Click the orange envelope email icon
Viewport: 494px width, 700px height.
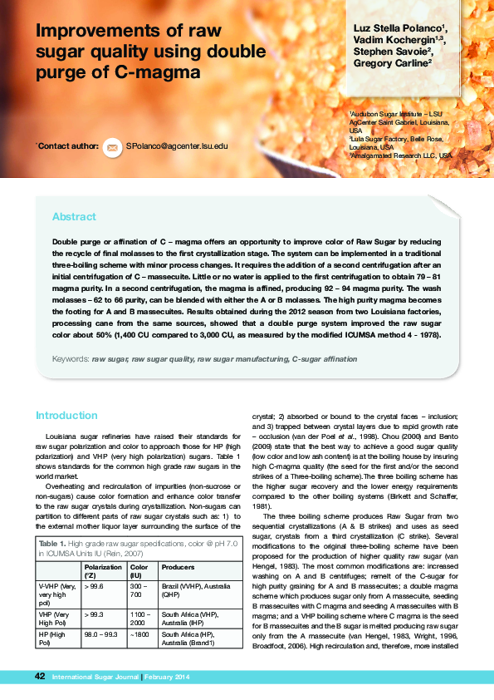point(110,146)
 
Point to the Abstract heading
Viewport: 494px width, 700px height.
point(74,217)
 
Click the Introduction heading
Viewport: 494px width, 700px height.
point(66,416)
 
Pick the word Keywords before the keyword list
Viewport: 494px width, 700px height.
point(70,360)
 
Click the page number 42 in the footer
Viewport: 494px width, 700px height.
point(39,677)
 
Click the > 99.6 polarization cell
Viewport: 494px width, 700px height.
point(92,586)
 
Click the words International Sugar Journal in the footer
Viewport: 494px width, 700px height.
point(95,678)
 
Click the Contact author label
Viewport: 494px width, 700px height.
point(66,146)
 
